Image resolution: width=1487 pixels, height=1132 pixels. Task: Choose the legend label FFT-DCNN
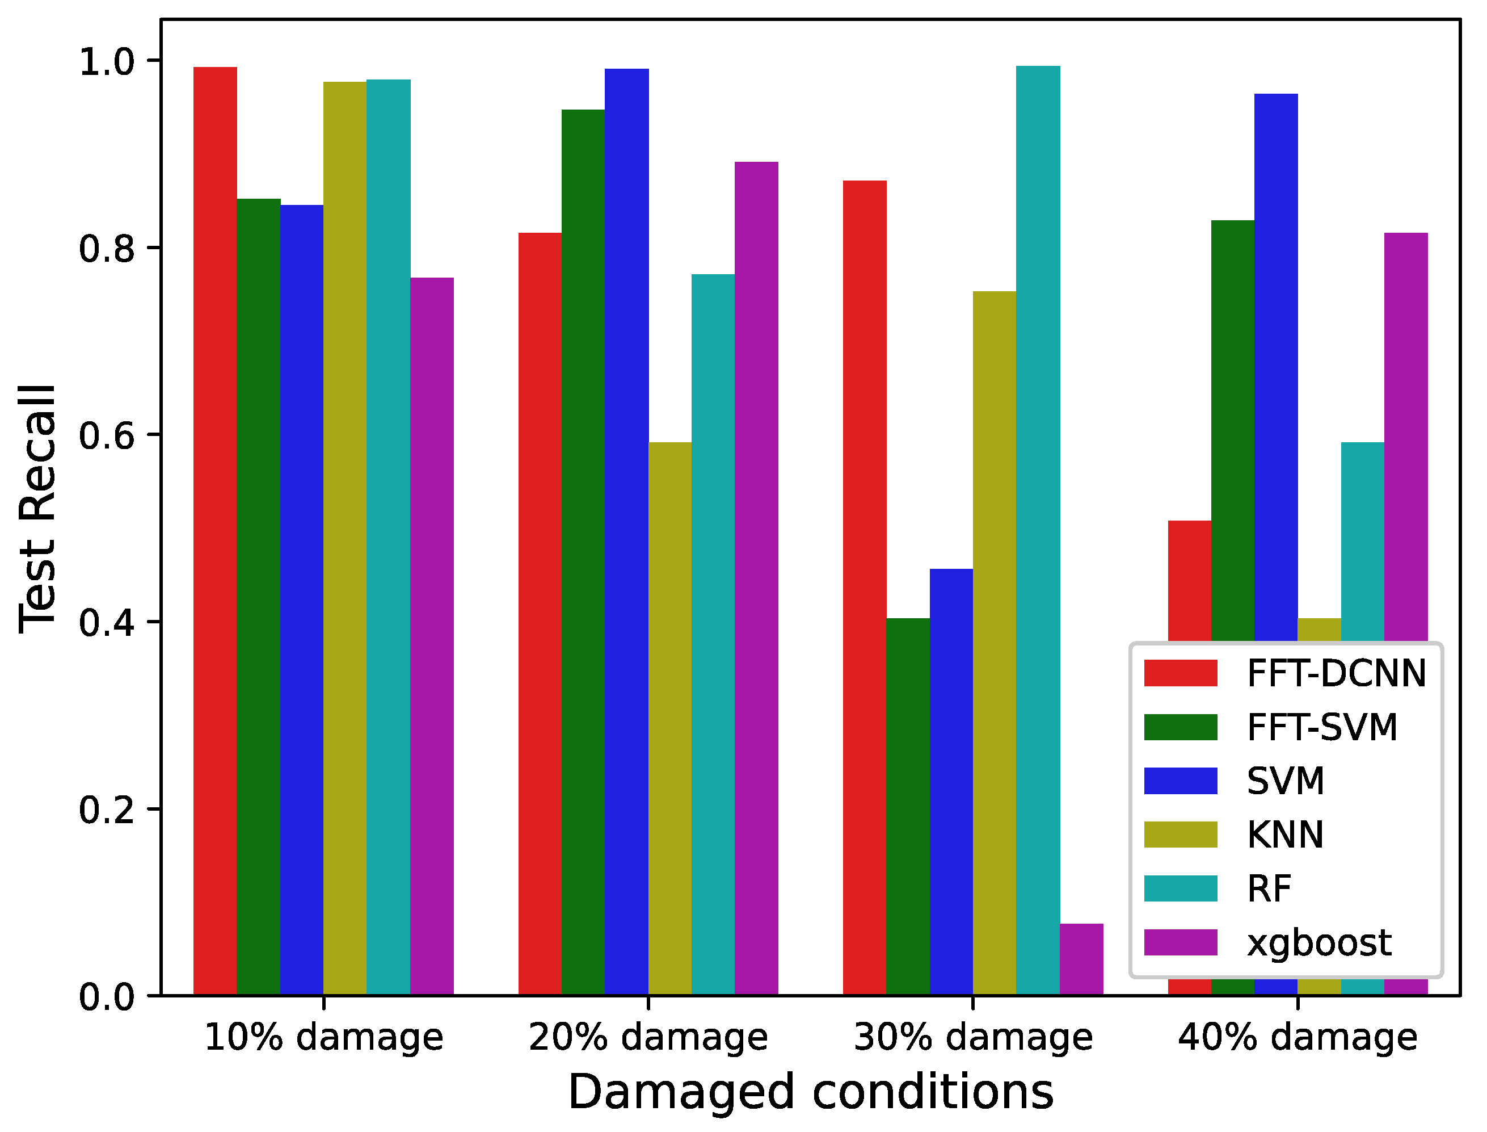(1336, 673)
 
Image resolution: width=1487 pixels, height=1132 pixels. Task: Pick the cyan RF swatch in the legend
(1181, 889)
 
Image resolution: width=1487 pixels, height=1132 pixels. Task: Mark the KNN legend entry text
(1285, 835)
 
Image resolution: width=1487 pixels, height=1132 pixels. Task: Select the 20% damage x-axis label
(648, 1038)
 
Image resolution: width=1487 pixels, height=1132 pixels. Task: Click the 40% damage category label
(1297, 1038)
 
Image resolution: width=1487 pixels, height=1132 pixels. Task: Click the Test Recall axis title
(37, 509)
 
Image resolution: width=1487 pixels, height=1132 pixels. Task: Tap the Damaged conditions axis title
(811, 1092)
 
